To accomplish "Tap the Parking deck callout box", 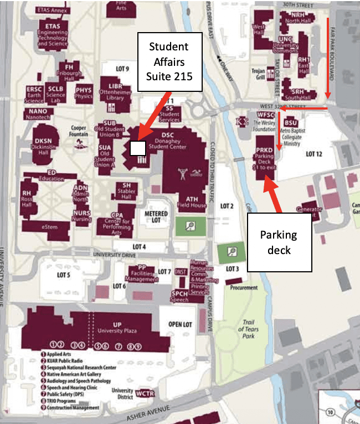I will (279, 241).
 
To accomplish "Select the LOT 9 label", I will (122, 69).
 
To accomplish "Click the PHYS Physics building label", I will (84, 92).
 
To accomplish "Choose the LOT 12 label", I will (313, 154).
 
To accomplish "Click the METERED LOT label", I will (156, 216).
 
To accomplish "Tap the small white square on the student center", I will (137, 148).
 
